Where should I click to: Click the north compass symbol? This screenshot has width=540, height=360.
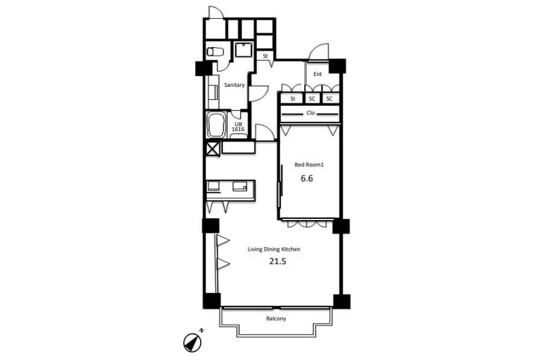(192, 343)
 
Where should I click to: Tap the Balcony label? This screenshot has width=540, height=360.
(276, 318)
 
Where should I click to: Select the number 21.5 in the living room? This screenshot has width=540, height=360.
(278, 262)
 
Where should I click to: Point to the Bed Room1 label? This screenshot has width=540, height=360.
(309, 165)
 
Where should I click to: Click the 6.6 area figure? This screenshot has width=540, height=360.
(307, 178)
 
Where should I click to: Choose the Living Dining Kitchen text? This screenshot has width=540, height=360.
(274, 250)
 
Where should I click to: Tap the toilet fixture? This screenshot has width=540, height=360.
(215, 52)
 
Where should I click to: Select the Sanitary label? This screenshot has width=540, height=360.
(234, 85)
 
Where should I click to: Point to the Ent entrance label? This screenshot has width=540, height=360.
(318, 74)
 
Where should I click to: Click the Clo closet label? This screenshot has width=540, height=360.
(310, 113)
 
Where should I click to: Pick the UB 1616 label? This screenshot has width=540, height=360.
(238, 127)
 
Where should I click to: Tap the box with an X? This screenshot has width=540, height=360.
(213, 149)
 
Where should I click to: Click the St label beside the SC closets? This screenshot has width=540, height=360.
(293, 99)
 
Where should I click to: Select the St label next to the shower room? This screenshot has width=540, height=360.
(265, 56)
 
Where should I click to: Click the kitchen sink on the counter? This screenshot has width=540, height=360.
(240, 186)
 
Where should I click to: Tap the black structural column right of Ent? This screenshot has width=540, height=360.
(337, 66)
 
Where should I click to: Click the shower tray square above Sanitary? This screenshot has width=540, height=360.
(244, 50)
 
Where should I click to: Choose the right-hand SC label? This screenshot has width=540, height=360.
(330, 99)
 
